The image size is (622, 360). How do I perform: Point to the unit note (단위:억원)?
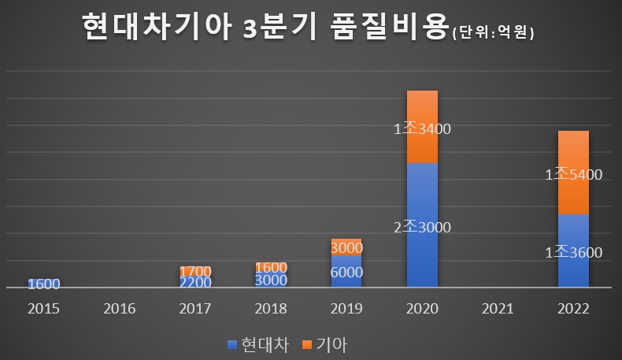tap(494, 33)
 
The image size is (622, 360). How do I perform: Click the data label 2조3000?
tap(422, 228)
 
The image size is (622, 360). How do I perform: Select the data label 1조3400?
tap(422, 130)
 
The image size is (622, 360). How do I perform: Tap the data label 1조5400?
tap(573, 176)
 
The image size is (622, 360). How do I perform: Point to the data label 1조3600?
tap(573, 253)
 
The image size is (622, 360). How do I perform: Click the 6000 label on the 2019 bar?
tap(346, 273)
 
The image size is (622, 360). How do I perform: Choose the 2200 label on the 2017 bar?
tap(194, 282)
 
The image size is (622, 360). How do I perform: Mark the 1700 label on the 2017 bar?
tap(194, 272)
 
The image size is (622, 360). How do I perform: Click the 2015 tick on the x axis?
tap(43, 308)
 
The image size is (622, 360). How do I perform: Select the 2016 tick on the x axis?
tap(119, 308)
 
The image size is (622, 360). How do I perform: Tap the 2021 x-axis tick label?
tap(498, 308)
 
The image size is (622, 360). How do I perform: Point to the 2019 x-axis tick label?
tap(346, 308)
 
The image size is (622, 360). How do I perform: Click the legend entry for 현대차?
tap(257, 344)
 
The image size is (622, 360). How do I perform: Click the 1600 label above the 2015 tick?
tap(43, 284)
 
